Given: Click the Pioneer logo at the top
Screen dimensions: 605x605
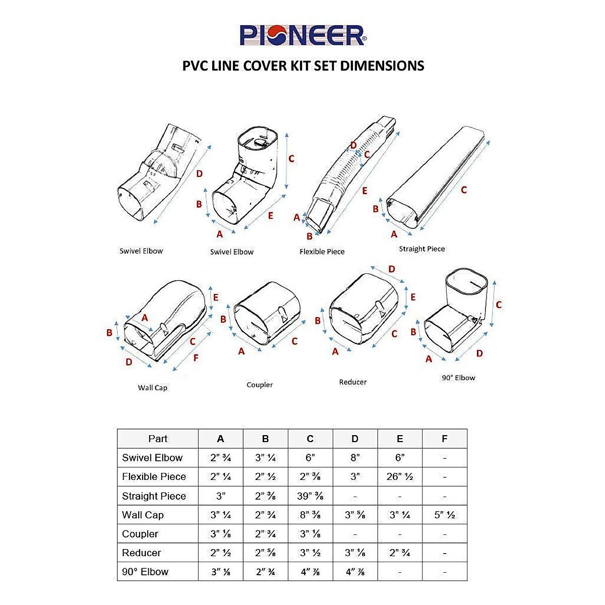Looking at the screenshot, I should [x=302, y=35].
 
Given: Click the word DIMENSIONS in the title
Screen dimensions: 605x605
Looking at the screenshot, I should [x=382, y=66].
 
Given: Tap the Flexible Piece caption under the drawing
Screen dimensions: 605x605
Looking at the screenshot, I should [x=322, y=252].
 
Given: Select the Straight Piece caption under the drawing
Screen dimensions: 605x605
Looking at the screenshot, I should [x=421, y=249].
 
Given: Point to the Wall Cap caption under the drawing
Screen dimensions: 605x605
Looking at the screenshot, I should [x=152, y=388].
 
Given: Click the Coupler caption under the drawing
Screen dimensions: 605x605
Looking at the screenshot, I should [x=260, y=385].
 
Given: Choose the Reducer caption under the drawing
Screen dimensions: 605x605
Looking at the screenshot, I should [x=352, y=382].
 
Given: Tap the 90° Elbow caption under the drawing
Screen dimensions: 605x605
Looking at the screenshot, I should [x=458, y=378].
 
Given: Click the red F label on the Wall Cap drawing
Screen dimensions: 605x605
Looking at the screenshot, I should [x=196, y=358].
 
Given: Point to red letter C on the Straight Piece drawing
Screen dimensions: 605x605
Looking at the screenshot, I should [x=463, y=190].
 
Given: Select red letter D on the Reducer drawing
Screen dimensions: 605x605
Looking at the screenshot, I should [x=391, y=269].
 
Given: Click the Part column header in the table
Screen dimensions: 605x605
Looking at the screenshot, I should [x=158, y=439].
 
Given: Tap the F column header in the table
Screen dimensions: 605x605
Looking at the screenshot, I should [x=444, y=439].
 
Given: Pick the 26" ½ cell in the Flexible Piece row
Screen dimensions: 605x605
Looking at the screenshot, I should [x=400, y=476].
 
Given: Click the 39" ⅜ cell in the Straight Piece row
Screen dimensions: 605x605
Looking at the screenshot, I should [x=310, y=496].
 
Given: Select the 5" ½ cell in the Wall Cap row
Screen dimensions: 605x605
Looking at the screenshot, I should [x=444, y=515].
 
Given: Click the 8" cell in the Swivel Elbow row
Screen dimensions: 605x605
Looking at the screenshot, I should [x=355, y=458].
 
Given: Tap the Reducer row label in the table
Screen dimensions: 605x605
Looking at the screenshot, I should [x=141, y=553].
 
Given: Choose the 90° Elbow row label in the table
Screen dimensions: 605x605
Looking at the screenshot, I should [x=145, y=572].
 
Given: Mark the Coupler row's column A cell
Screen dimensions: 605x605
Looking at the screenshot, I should [x=220, y=534].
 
